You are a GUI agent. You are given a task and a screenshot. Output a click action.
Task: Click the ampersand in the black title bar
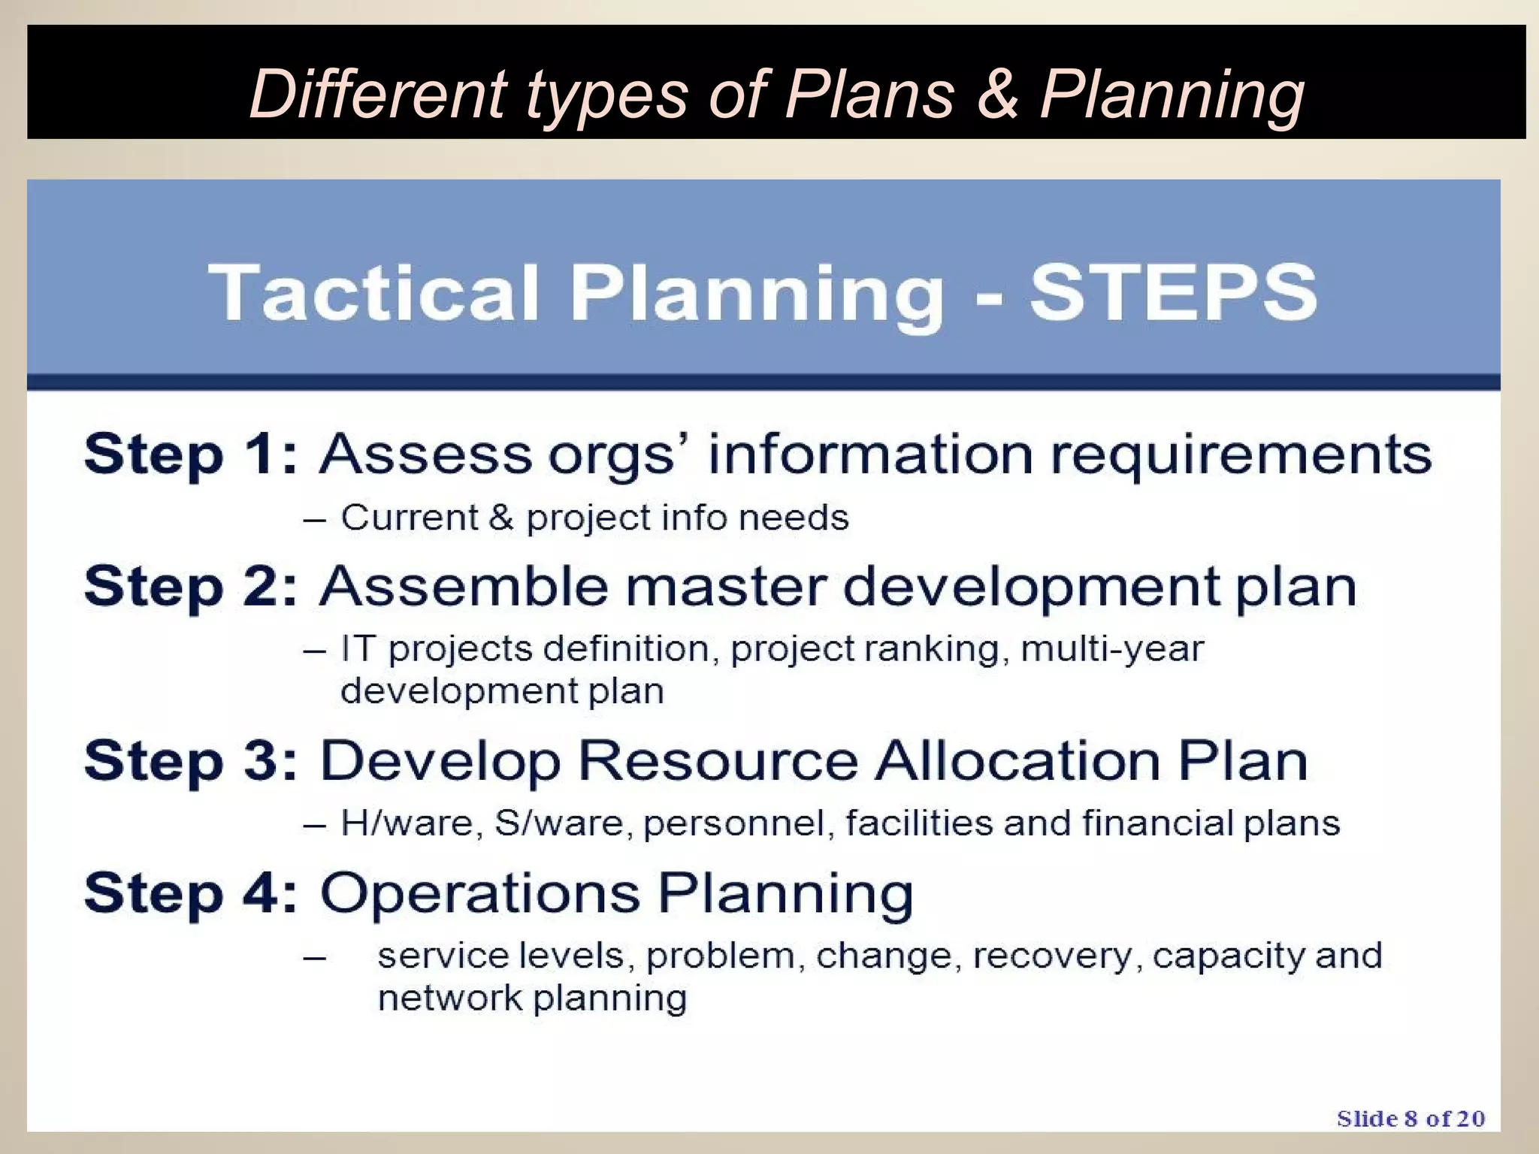point(997,94)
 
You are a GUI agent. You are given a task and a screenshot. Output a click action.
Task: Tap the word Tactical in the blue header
point(373,292)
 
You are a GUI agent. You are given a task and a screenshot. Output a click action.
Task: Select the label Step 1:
point(191,454)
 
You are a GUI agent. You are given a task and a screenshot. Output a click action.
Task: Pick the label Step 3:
point(191,760)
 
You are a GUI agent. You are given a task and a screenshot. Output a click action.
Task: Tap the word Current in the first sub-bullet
point(410,517)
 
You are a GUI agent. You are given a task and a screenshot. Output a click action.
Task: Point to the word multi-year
point(1112,649)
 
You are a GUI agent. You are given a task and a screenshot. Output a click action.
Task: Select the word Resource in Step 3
point(718,760)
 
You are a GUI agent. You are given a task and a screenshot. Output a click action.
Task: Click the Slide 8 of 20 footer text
point(1410,1119)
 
